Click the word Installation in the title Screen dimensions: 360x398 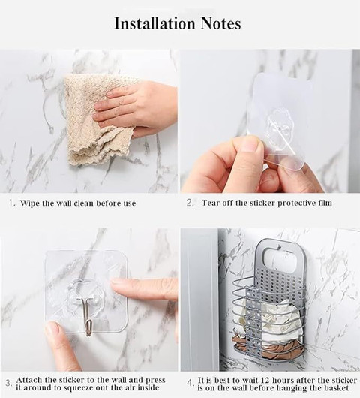point(154,23)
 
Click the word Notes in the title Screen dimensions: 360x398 point(220,23)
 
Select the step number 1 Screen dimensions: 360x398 point(12,203)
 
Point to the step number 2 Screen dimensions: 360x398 point(190,203)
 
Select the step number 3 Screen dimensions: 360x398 point(8,383)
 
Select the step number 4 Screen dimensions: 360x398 point(190,383)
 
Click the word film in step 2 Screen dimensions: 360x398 point(325,203)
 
